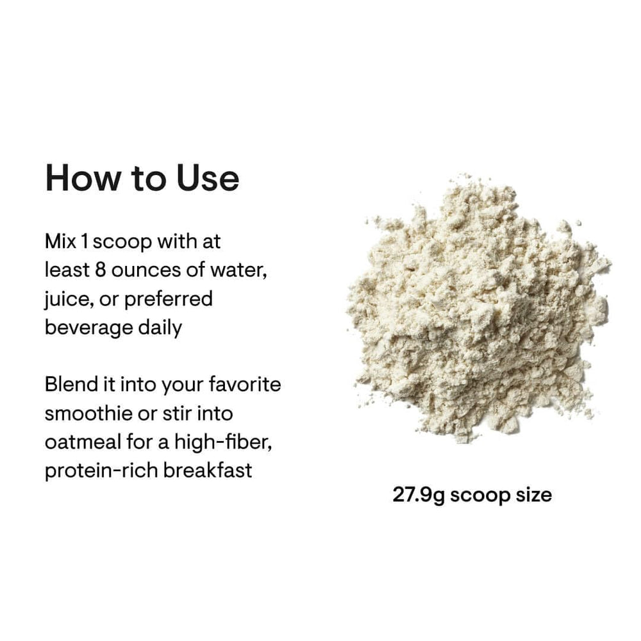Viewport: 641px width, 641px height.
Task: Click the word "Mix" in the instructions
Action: pos(59,242)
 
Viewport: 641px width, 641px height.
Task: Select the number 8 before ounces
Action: pos(100,271)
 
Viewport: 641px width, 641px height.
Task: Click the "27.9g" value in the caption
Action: pos(419,495)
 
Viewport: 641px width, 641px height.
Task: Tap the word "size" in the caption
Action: pos(534,495)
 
